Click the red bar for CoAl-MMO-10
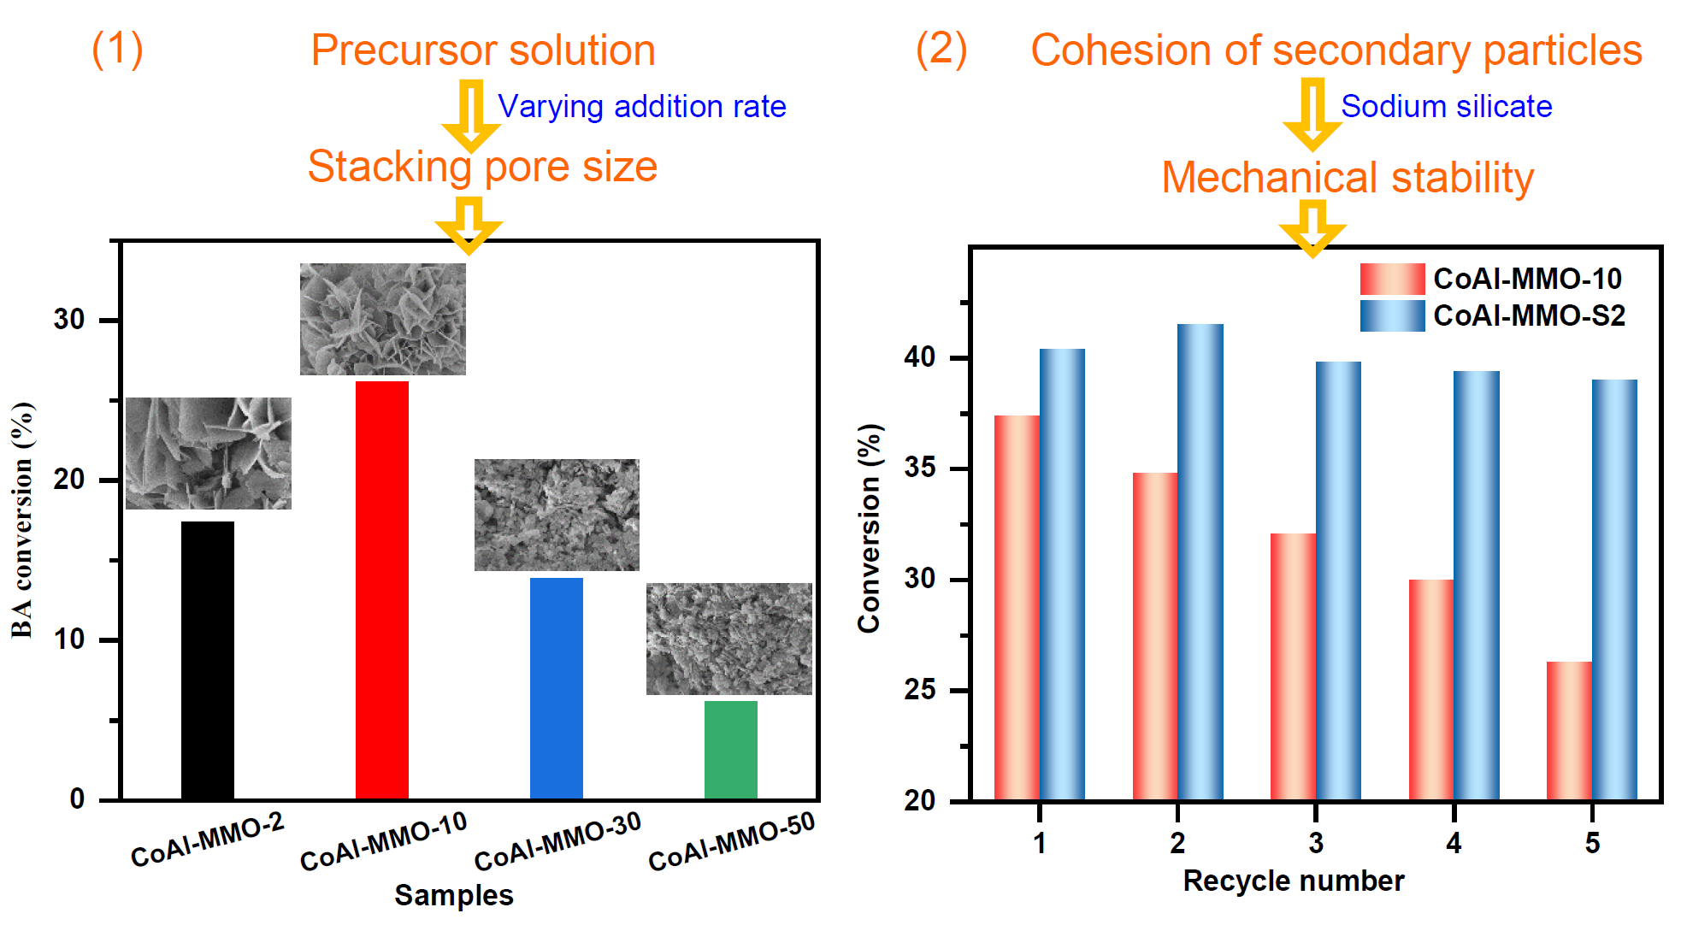pos(381,590)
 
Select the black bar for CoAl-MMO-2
pos(207,660)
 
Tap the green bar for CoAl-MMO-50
pos(730,750)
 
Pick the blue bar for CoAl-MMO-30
pos(556,688)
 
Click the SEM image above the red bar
pos(382,319)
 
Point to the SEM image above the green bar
pos(728,639)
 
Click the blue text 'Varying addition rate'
pos(641,107)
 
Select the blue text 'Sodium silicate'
pos(1446,107)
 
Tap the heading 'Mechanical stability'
pos(1348,178)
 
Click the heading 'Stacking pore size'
pos(482,167)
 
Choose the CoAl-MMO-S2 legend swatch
pos(1392,315)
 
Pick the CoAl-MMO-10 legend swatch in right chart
pos(1392,279)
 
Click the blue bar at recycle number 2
pos(1200,562)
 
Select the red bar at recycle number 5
pos(1569,731)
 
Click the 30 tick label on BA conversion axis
pos(69,320)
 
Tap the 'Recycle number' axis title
pos(1293,881)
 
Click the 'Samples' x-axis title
pos(453,895)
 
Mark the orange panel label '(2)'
pos(941,49)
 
